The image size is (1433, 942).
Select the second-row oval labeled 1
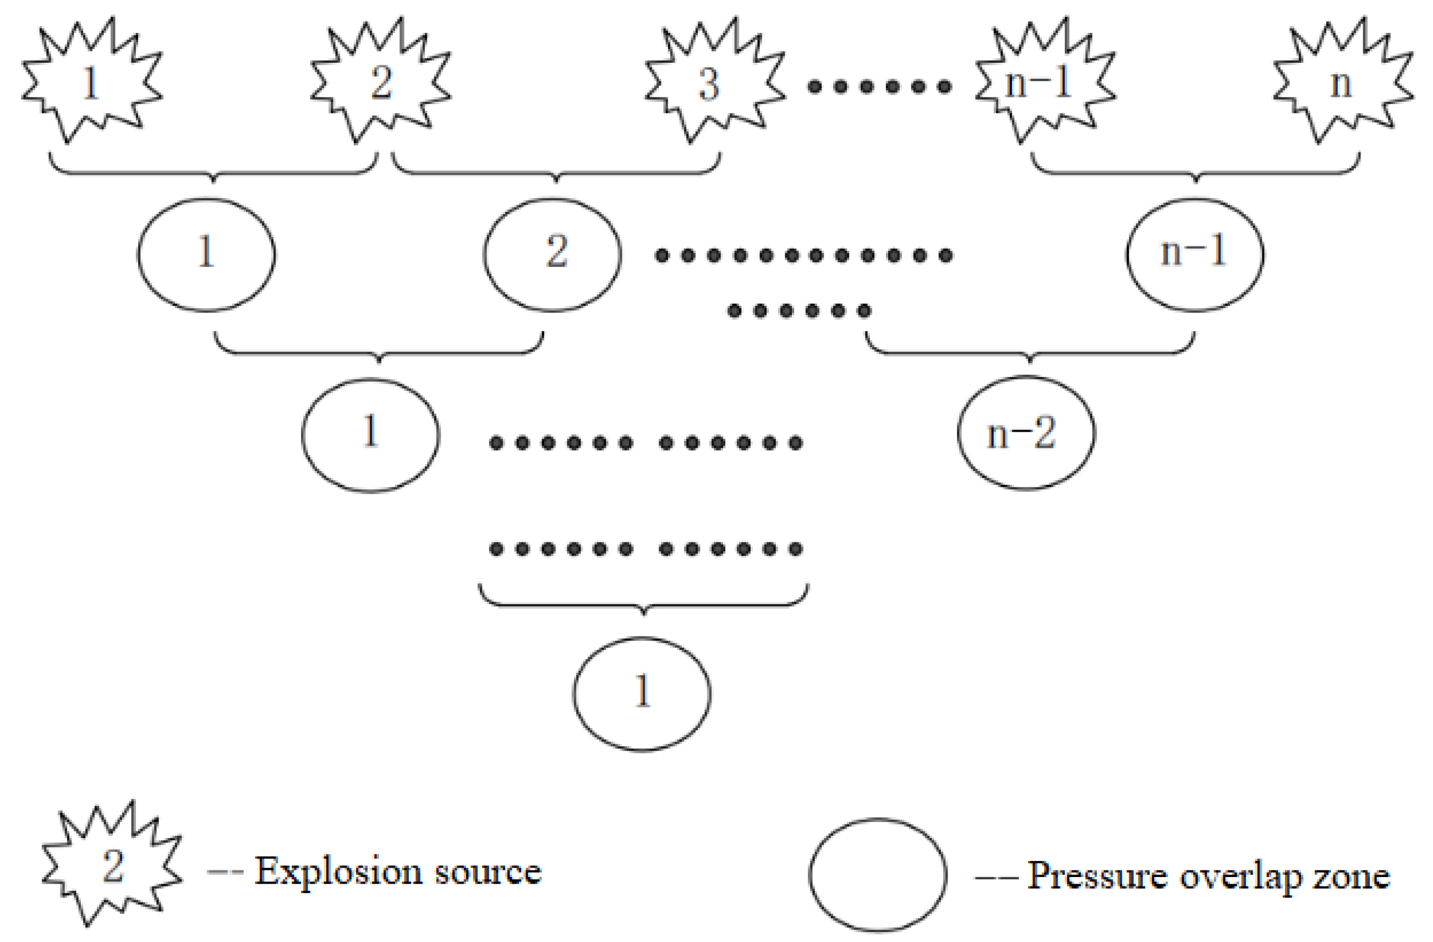click(206, 254)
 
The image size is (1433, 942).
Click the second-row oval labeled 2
click(553, 254)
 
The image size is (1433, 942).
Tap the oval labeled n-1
click(1195, 254)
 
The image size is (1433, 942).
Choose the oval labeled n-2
click(1026, 432)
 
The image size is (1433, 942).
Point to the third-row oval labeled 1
click(370, 435)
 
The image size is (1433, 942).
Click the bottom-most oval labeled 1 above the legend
click(642, 693)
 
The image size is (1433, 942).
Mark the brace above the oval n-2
click(1030, 350)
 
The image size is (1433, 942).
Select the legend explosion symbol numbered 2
click(111, 867)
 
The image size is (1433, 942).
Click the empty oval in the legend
click(877, 874)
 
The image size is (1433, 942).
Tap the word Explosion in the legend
click(338, 872)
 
